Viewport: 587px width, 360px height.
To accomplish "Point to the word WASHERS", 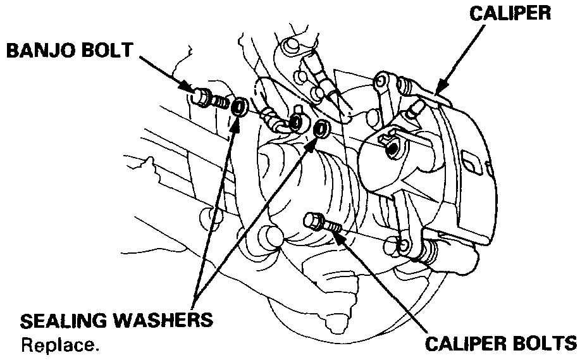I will (x=164, y=321).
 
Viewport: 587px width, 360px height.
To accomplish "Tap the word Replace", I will (x=60, y=346).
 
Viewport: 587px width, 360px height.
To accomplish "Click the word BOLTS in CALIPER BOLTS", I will (x=543, y=344).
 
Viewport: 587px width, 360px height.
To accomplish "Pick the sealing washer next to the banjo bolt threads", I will (x=239, y=107).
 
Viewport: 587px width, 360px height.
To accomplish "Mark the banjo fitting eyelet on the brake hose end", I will (x=295, y=122).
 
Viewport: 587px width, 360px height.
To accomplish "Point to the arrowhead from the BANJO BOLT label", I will (x=188, y=88).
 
